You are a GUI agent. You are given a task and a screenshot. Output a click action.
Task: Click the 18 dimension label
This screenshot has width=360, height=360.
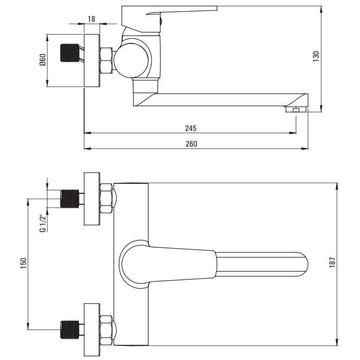pyautogui.click(x=91, y=19)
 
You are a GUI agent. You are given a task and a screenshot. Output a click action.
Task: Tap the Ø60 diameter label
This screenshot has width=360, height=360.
pyautogui.click(x=43, y=60)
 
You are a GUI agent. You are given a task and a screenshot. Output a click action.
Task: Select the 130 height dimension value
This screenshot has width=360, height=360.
pyautogui.click(x=316, y=56)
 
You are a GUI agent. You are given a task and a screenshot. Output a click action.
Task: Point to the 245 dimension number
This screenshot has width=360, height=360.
pyautogui.click(x=191, y=128)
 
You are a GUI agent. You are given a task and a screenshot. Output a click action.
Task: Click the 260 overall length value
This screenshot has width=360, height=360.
pyautogui.click(x=191, y=144)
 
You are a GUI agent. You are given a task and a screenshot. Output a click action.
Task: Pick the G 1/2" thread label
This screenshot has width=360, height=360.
pyautogui.click(x=43, y=223)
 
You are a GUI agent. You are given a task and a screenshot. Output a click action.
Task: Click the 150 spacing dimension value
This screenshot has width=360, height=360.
pyautogui.click(x=23, y=263)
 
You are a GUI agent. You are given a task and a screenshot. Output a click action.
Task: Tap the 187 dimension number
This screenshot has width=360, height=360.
pyautogui.click(x=332, y=262)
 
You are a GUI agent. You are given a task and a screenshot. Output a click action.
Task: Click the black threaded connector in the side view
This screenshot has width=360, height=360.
pyautogui.click(x=70, y=53)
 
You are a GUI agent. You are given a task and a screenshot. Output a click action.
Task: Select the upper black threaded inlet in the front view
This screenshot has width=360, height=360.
pyautogui.click(x=70, y=198)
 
